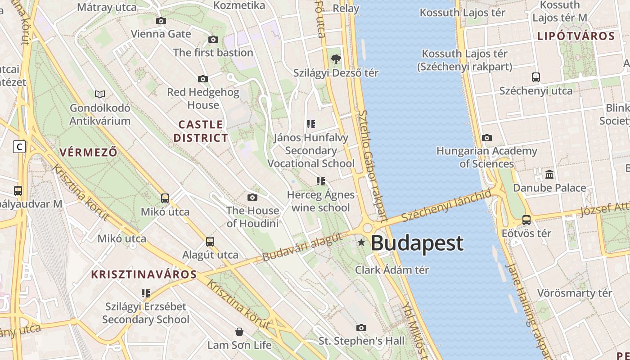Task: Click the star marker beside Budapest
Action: tap(361, 243)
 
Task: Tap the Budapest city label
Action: tap(417, 243)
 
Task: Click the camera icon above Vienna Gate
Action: tap(161, 21)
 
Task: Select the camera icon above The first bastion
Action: tap(213, 40)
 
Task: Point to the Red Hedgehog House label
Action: tap(203, 99)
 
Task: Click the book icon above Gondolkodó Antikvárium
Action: tap(100, 94)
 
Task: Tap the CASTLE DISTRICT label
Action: tap(201, 131)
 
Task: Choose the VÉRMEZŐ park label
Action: tap(88, 152)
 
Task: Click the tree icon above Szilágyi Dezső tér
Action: tap(336, 59)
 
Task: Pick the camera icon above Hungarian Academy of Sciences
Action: tap(486, 138)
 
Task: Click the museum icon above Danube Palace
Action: tap(549, 175)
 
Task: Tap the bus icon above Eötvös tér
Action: tap(526, 220)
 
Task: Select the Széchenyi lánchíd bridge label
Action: tap(446, 206)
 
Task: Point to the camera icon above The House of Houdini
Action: tap(252, 197)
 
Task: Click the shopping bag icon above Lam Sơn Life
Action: tap(239, 332)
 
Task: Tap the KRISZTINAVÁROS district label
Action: tap(144, 274)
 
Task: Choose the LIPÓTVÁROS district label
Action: tap(576, 36)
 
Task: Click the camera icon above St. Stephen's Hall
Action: tap(361, 328)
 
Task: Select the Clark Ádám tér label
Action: tap(392, 270)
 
